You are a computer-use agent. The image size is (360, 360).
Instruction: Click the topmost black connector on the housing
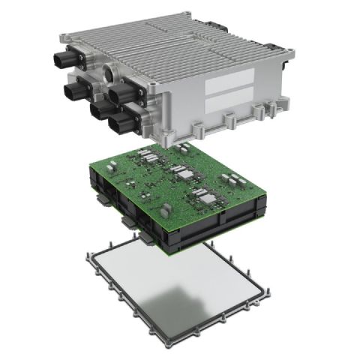[66, 57]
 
